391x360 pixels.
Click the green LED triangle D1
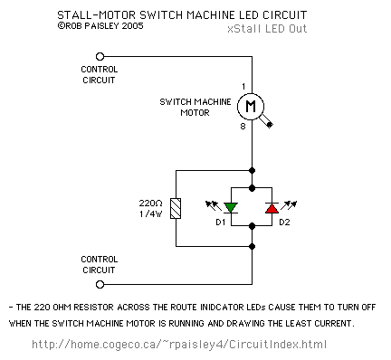pyautogui.click(x=231, y=208)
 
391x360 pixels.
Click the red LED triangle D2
pyautogui.click(x=272, y=208)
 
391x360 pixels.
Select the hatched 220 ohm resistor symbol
pyautogui.click(x=176, y=208)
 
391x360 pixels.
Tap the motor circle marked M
pyautogui.click(x=251, y=107)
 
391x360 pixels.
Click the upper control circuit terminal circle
pyautogui.click(x=100, y=56)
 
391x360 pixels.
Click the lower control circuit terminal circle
pyautogui.click(x=100, y=284)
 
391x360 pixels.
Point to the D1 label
pyautogui.click(x=221, y=223)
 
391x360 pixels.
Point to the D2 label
pyautogui.click(x=284, y=223)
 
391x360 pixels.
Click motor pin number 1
pyautogui.click(x=243, y=87)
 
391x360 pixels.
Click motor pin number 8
pyautogui.click(x=243, y=126)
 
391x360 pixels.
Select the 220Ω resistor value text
pyautogui.click(x=150, y=204)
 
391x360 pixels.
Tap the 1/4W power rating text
pyautogui.click(x=150, y=213)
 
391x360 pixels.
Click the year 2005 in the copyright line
pyautogui.click(x=132, y=26)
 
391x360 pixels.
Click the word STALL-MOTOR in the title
pyautogui.click(x=97, y=15)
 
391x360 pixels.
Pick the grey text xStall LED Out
pyautogui.click(x=267, y=29)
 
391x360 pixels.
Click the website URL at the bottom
pyautogui.click(x=179, y=344)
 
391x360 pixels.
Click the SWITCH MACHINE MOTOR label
pyautogui.click(x=195, y=107)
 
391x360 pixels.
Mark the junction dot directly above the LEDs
pyautogui.click(x=252, y=188)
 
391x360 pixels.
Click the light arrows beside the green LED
pyautogui.click(x=214, y=205)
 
